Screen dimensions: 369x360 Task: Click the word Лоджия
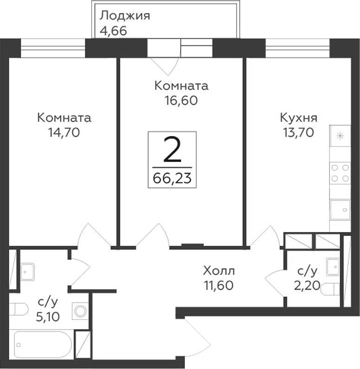124,15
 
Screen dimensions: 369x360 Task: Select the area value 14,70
64,133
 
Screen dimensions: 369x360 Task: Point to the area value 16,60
181,101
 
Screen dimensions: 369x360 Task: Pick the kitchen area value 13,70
298,133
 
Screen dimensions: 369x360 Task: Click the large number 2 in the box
172,150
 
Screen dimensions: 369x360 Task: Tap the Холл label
219,270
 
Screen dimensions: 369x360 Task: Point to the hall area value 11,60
218,285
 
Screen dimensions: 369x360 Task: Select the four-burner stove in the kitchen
340,173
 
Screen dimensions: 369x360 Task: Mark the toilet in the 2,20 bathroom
331,290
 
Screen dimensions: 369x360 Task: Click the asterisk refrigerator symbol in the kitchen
340,136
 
